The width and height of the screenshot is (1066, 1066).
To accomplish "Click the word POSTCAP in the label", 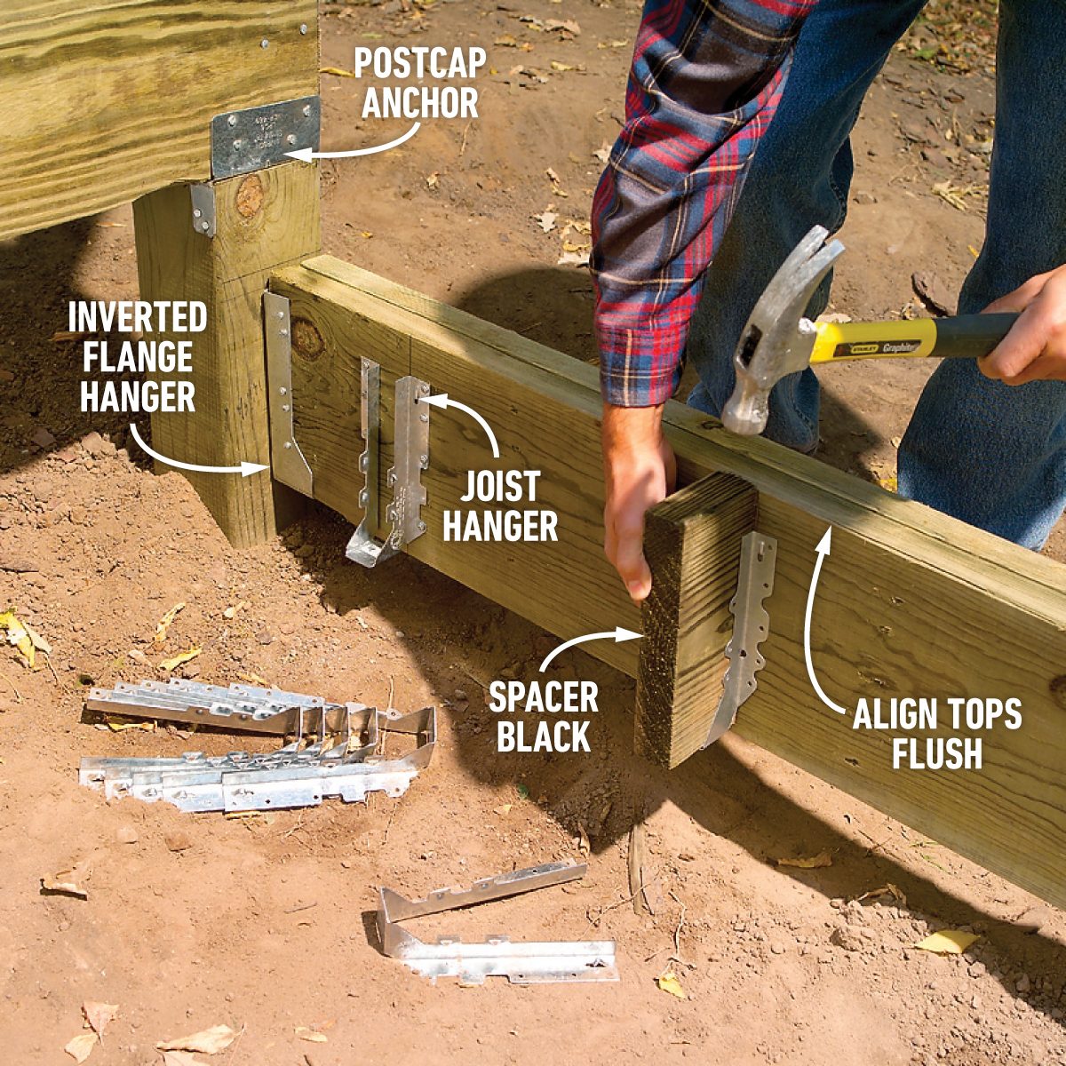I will [x=420, y=65].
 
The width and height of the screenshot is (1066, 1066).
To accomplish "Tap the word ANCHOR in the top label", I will [x=420, y=104].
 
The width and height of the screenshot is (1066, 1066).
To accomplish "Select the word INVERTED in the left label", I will [x=137, y=317].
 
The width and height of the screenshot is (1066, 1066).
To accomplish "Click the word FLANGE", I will [x=137, y=357].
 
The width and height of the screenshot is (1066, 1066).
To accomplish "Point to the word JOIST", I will [x=500, y=487].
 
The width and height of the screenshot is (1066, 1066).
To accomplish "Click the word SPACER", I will [x=543, y=698].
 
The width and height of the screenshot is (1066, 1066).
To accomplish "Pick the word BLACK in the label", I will [x=543, y=737].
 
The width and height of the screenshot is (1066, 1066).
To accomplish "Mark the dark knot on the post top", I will [x=250, y=196].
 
